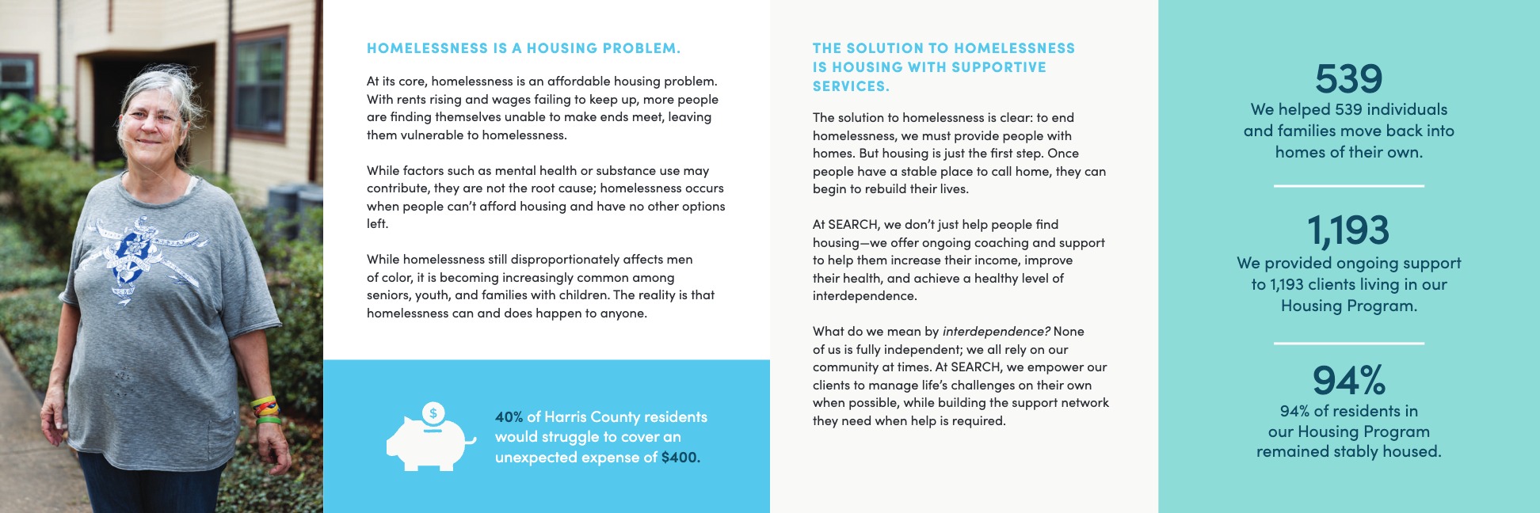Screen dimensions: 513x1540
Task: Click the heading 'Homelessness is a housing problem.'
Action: coord(523,48)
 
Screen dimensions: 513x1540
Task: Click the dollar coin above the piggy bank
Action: coord(433,412)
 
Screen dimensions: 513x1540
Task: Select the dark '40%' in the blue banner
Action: coord(509,417)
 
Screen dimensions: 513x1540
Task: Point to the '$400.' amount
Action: coord(680,458)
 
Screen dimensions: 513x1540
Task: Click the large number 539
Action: coord(1348,78)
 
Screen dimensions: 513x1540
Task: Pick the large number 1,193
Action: coord(1348,230)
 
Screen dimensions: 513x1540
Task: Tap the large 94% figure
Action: coord(1348,381)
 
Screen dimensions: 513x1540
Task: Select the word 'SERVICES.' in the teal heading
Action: coord(851,86)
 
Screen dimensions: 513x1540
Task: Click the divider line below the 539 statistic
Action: coord(1348,186)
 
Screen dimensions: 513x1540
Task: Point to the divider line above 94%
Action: coord(1348,344)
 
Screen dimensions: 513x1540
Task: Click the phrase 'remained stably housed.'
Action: coord(1348,452)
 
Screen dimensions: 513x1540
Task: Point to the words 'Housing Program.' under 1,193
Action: coord(1348,306)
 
